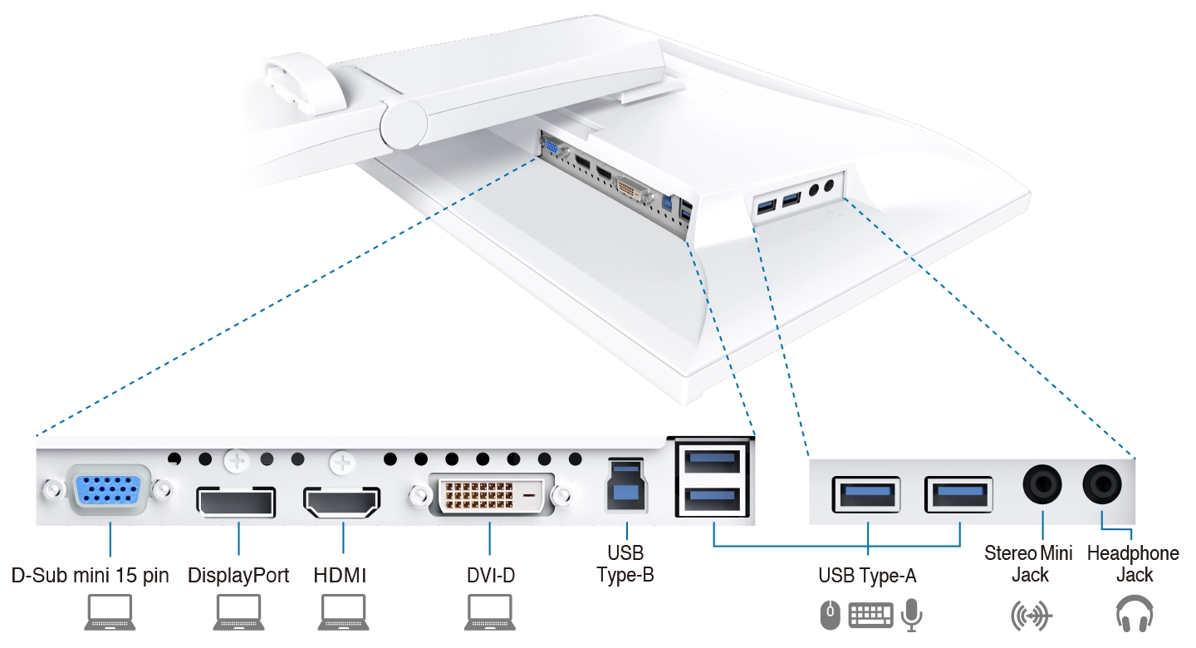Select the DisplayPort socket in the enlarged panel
(236, 501)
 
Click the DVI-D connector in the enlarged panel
(491, 496)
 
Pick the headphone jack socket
(1101, 484)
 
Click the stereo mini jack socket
(1042, 484)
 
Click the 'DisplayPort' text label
(238, 575)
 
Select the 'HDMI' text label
(340, 575)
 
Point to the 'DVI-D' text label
(489, 575)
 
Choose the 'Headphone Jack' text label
(1134, 563)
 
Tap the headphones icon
(1134, 616)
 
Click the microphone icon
(911, 615)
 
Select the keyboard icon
(870, 616)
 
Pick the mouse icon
(830, 616)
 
